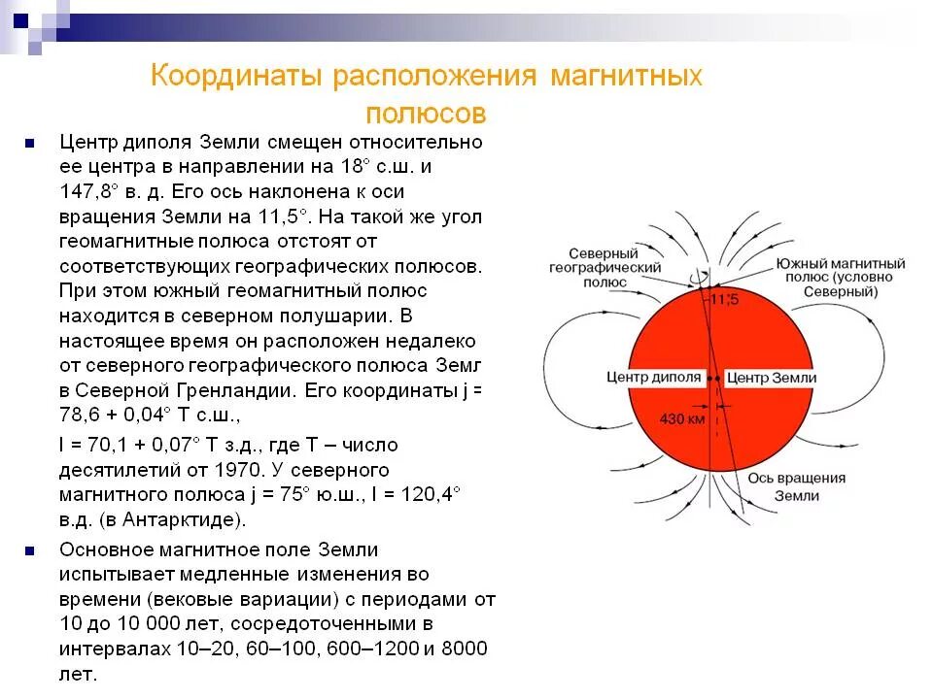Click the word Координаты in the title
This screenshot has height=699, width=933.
pos(236,78)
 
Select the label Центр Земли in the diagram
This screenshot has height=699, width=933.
pos(773,378)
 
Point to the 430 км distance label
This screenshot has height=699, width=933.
pos(681,420)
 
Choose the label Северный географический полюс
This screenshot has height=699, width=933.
pos(605,266)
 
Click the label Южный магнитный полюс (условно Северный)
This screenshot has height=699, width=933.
pos(840,278)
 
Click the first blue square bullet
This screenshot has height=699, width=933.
pos(30,143)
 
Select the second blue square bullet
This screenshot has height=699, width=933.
pos(30,549)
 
